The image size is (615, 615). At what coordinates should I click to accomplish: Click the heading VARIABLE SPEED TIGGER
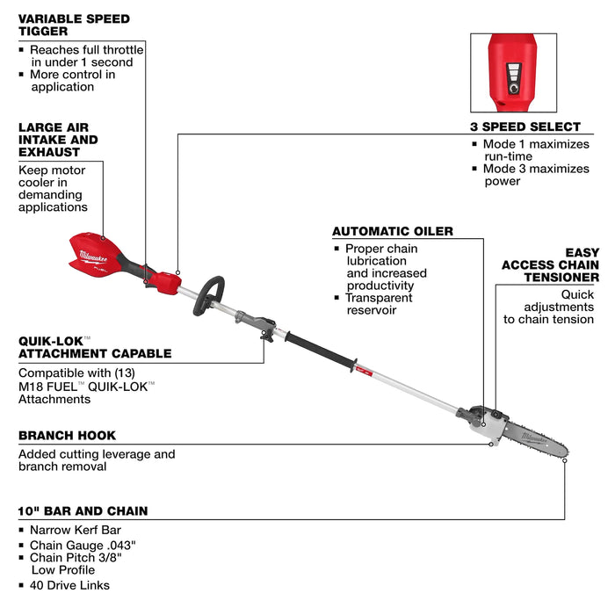[x=74, y=25]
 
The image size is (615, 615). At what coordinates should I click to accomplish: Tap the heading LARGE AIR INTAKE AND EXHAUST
[x=58, y=140]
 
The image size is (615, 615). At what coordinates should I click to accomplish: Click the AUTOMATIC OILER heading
[x=393, y=232]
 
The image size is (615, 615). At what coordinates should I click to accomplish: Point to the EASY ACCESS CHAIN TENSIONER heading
[x=551, y=264]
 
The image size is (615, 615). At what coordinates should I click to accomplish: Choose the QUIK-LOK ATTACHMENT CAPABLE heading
[x=95, y=348]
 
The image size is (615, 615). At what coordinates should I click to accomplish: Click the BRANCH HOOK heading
[x=67, y=436]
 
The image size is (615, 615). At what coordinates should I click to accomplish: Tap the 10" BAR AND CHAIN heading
[x=83, y=510]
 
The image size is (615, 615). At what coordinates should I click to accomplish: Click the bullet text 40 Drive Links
[x=70, y=585]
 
